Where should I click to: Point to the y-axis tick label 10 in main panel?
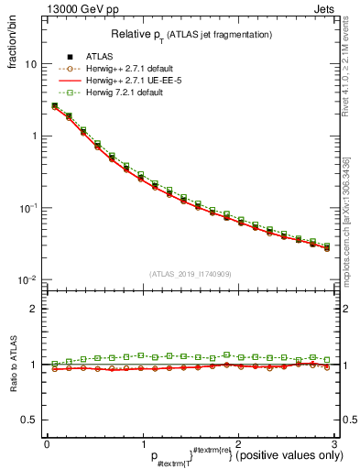tap(31, 65)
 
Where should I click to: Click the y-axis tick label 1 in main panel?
tap(34, 136)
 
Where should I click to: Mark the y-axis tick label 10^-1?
tap(29, 207)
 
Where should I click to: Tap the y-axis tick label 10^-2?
tap(29, 278)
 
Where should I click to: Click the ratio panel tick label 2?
tap(34, 309)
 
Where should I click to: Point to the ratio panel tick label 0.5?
tap(30, 420)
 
